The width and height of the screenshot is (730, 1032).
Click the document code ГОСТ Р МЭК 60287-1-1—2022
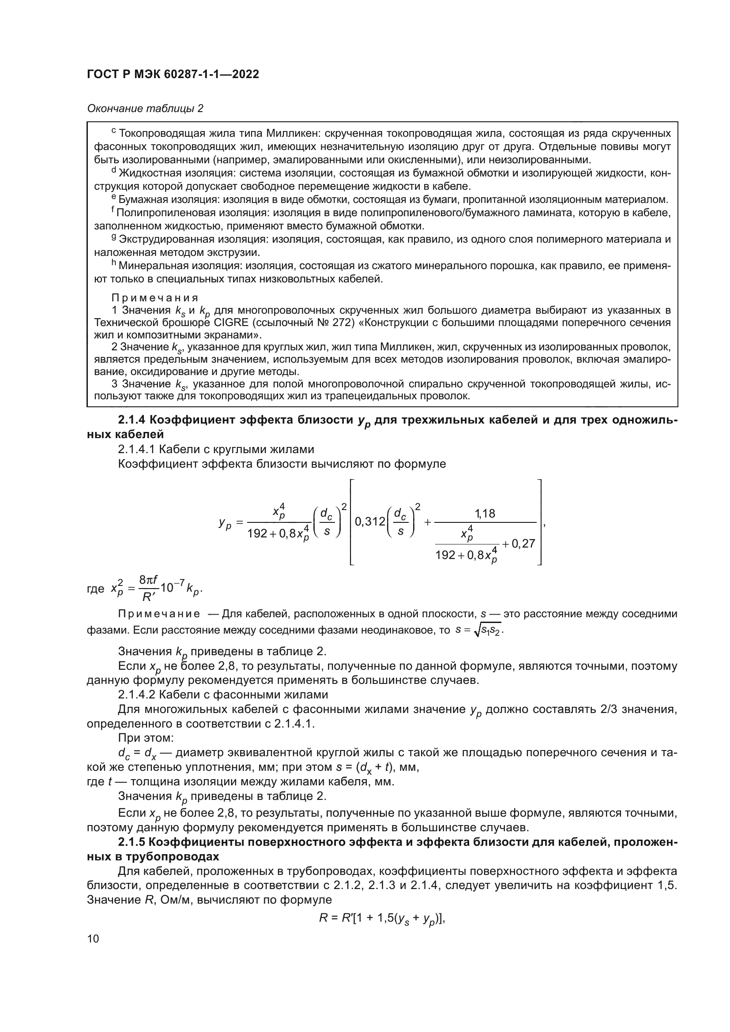pos(173,75)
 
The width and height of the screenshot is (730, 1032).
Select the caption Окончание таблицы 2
pos(145,109)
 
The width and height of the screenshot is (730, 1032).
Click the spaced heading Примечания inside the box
pos(154,298)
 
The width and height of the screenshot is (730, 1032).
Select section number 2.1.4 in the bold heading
pos(132,420)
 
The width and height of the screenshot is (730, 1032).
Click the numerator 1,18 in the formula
pos(485,513)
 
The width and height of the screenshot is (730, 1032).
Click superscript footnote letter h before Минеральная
pos(114,264)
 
